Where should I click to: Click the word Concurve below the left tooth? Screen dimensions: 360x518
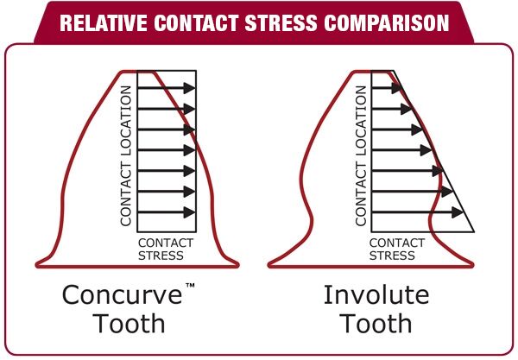122,295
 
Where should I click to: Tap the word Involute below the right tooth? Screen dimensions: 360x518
376,295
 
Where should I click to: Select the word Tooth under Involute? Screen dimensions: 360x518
376,325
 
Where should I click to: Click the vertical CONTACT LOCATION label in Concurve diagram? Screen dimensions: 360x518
126,155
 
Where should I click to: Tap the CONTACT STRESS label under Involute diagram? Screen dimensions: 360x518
398,249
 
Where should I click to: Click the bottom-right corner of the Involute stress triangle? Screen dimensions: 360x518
473,231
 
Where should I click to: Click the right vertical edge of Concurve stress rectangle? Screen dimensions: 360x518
197,155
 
